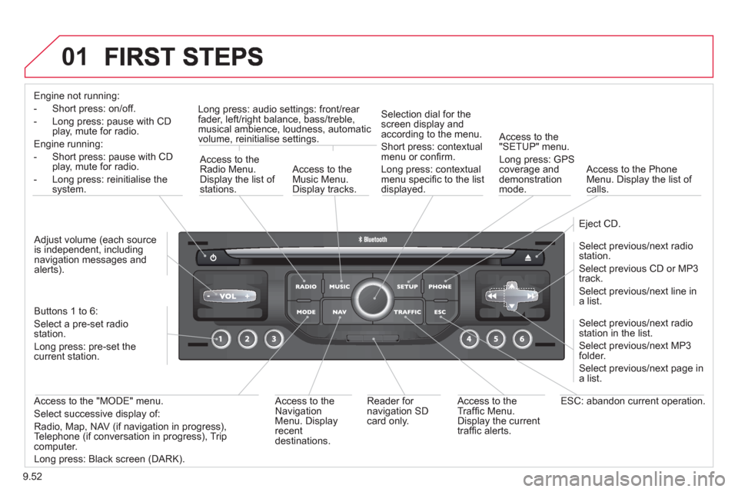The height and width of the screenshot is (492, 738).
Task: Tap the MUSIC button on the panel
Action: pyautogui.click(x=339, y=286)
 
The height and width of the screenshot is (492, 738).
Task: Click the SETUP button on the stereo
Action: pyautogui.click(x=407, y=286)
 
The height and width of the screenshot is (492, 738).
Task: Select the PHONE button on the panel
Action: pyautogui.click(x=440, y=286)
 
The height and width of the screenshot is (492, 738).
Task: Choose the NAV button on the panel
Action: pyautogui.click(x=339, y=311)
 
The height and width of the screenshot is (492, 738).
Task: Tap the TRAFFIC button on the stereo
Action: pyautogui.click(x=407, y=311)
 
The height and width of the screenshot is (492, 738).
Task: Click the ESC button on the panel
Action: pyautogui.click(x=440, y=311)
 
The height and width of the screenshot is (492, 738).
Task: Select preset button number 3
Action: pyautogui.click(x=274, y=338)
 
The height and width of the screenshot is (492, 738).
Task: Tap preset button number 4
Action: pyautogui.click(x=469, y=338)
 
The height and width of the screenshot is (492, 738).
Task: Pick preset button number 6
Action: pyautogui.click(x=522, y=338)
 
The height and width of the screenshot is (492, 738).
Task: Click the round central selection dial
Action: pyautogui.click(x=373, y=298)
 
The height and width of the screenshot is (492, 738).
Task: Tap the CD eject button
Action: pyautogui.click(x=528, y=258)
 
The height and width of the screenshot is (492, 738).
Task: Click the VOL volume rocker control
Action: pyautogui.click(x=228, y=296)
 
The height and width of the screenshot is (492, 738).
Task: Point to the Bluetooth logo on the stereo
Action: pyautogui.click(x=373, y=240)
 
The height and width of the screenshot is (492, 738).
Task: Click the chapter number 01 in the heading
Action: pyautogui.click(x=75, y=56)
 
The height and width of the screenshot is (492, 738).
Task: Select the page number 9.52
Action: pyautogui.click(x=32, y=477)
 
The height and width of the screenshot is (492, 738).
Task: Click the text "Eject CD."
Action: pyautogui.click(x=599, y=224)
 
